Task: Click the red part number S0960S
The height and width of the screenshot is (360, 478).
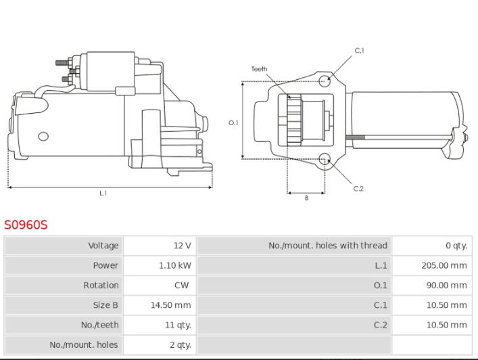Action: (x=26, y=225)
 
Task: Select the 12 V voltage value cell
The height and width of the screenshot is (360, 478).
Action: (x=183, y=245)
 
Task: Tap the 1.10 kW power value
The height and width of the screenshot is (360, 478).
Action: (x=175, y=265)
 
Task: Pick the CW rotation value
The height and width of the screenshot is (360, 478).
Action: (x=181, y=285)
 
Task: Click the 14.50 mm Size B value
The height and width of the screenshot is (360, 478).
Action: (x=170, y=305)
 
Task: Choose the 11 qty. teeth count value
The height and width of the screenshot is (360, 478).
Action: (x=178, y=325)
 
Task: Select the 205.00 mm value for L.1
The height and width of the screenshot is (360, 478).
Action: (x=444, y=265)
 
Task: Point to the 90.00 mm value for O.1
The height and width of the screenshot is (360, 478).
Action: (x=447, y=286)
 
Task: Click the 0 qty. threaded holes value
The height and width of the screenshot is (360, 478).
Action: (x=456, y=246)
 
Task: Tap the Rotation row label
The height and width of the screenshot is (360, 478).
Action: (x=101, y=285)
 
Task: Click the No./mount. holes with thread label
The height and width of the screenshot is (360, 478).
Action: (x=328, y=245)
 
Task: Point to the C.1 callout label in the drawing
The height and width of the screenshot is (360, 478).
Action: (x=360, y=51)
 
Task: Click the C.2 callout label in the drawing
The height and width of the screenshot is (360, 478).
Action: (x=358, y=189)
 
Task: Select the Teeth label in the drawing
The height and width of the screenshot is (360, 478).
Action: (x=259, y=69)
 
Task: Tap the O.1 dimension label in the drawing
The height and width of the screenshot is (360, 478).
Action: (x=233, y=122)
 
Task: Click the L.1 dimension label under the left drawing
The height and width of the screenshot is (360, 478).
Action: (x=103, y=193)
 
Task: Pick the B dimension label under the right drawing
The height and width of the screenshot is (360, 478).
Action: (x=306, y=198)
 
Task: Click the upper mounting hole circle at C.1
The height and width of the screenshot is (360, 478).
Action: (x=325, y=81)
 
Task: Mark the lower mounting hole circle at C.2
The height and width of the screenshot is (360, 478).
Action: (x=325, y=159)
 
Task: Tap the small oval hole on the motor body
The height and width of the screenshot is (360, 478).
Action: (x=43, y=137)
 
